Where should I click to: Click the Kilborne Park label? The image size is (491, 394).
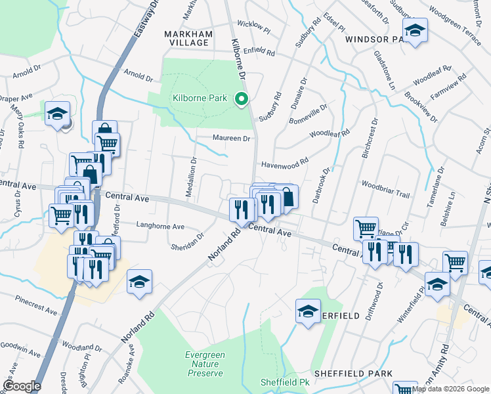(200, 98)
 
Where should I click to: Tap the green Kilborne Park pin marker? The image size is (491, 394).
(241, 100)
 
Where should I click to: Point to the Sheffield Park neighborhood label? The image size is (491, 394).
(352, 373)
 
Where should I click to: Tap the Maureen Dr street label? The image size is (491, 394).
(232, 139)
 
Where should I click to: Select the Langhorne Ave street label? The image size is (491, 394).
(160, 226)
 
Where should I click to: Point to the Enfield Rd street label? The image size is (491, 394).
(259, 51)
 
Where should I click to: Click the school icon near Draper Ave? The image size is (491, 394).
(57, 114)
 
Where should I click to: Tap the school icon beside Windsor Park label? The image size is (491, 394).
(414, 30)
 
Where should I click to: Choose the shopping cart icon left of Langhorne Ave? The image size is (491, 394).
(61, 214)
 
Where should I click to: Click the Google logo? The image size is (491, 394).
(22, 385)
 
